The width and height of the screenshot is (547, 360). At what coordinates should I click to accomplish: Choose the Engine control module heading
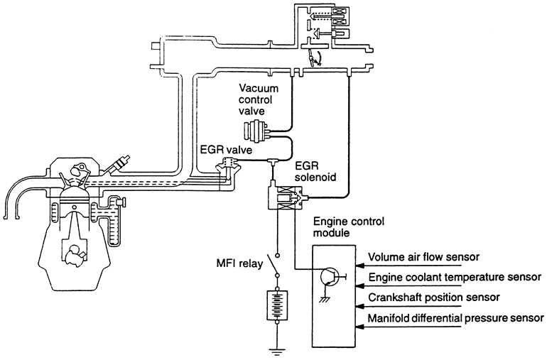(x=349, y=227)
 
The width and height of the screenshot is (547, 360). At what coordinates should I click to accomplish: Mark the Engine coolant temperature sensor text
(x=455, y=277)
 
